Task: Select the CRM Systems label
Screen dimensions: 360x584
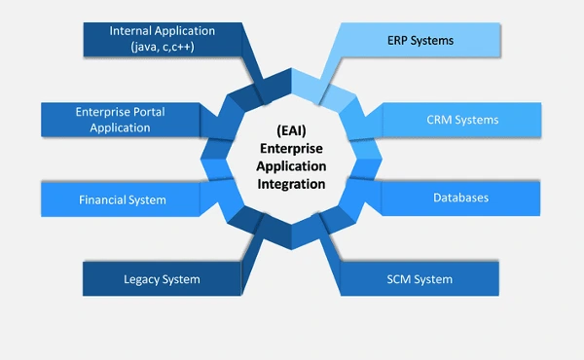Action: [462, 120]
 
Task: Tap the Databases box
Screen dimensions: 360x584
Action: [460, 198]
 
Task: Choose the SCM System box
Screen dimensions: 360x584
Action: [420, 279]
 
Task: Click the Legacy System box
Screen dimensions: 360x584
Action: [161, 279]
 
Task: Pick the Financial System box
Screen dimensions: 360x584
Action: [122, 199]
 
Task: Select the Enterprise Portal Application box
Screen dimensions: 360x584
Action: [120, 120]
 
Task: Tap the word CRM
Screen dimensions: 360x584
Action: [441, 120]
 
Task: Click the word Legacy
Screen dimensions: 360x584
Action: [141, 279]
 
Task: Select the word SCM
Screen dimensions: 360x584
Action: [399, 279]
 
